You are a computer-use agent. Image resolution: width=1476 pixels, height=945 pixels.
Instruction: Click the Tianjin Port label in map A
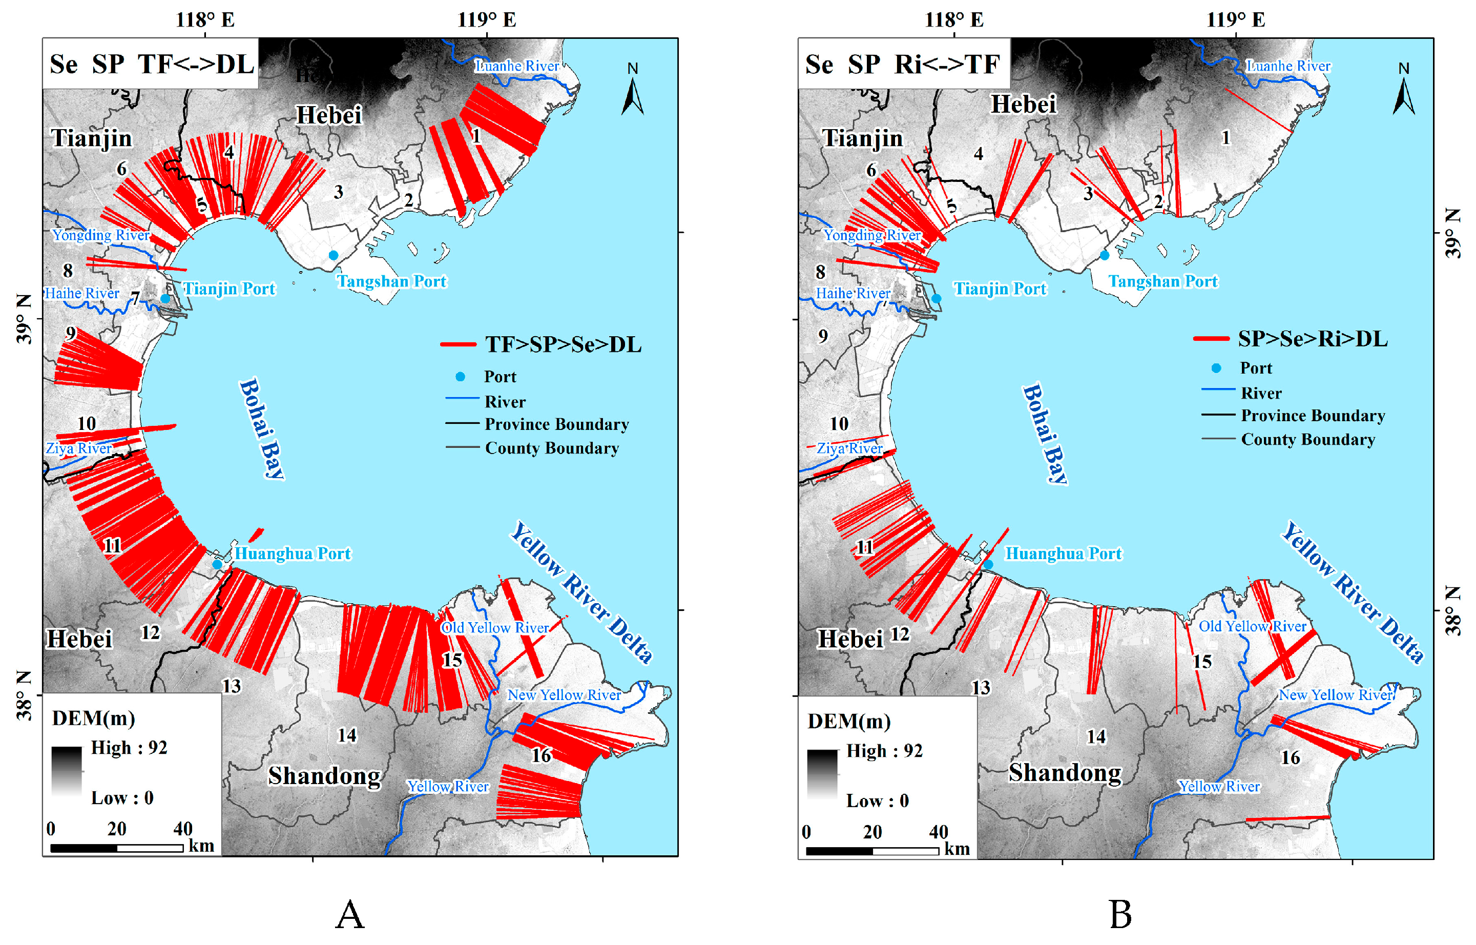(x=230, y=289)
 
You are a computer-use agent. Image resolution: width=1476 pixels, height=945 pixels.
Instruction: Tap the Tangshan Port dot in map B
(x=1104, y=255)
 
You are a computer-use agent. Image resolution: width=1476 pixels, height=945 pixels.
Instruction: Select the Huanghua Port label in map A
(x=293, y=553)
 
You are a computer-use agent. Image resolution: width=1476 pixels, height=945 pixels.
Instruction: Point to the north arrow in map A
(x=633, y=91)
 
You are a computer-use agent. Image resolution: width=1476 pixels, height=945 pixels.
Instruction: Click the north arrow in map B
(x=1404, y=91)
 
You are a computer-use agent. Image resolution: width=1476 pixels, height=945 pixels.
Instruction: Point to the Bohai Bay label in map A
(x=262, y=428)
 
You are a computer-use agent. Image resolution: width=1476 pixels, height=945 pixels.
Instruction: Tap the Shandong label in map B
(x=1065, y=773)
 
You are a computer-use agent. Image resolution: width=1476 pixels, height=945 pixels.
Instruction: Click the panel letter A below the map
(x=350, y=915)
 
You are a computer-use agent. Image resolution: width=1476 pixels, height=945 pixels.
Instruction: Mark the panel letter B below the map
(x=1120, y=915)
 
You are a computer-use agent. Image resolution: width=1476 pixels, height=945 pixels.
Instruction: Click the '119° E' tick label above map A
(x=487, y=19)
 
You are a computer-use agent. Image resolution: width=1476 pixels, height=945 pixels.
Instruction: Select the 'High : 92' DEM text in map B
(x=884, y=750)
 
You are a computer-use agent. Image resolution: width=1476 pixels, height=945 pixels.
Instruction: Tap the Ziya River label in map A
(x=78, y=448)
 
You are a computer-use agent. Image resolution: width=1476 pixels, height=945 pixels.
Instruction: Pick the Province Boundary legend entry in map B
(x=1312, y=416)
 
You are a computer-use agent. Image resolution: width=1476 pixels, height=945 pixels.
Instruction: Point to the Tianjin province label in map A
(x=91, y=138)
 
